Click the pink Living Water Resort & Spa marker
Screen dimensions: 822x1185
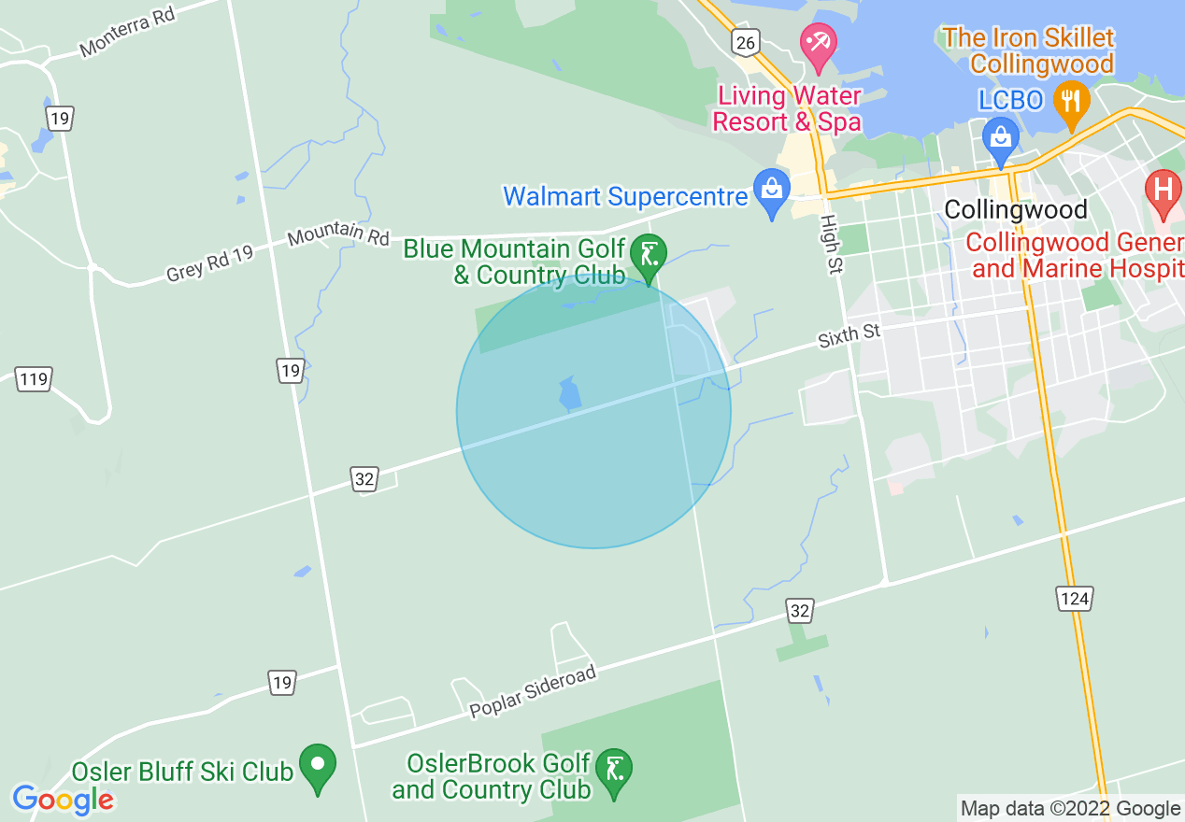[819, 46]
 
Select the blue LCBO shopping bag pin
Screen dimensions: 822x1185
[1001, 137]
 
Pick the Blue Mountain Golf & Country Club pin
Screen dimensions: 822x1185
[649, 255]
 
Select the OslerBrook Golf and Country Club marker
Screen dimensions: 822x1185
[614, 772]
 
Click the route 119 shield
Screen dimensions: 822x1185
[33, 379]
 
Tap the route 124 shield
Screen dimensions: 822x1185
[1075, 598]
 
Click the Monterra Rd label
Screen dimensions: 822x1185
[128, 34]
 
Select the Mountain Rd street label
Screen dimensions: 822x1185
[338, 235]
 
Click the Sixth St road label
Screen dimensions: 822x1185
[849, 334]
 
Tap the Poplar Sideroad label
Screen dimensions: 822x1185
[533, 692]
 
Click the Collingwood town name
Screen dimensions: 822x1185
[1016, 209]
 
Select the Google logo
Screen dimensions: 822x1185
[63, 800]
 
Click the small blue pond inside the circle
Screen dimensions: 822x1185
[569, 395]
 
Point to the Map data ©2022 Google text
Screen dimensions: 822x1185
[1071, 808]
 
